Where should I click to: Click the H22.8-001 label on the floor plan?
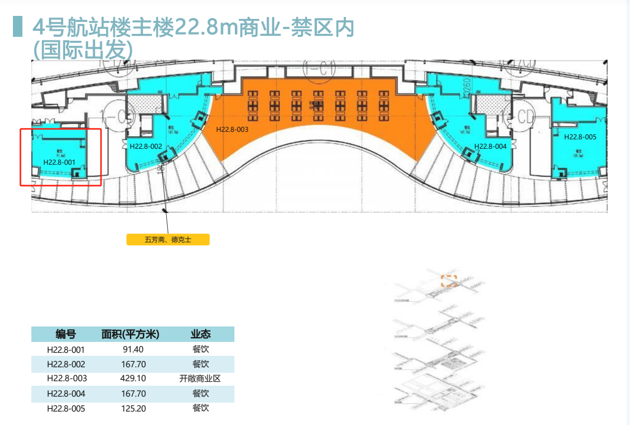tap(59, 162)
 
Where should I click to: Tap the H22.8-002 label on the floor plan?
tap(146, 146)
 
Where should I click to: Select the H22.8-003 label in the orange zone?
tap(232, 129)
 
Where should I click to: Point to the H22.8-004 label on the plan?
tap(490, 146)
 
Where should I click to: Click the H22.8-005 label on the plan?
tap(580, 137)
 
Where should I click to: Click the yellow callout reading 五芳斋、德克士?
tap(168, 239)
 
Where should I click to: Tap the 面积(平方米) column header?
tap(130, 334)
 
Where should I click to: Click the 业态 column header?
tap(200, 334)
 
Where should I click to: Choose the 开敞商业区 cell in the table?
tap(200, 378)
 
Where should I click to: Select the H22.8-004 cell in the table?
tap(66, 394)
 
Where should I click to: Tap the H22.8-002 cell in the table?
tap(66, 364)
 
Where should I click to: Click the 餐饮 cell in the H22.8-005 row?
tap(201, 408)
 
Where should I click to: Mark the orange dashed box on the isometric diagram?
tap(449, 281)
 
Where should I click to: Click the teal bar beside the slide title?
tap(17, 26)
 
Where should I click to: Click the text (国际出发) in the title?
tap(83, 50)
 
